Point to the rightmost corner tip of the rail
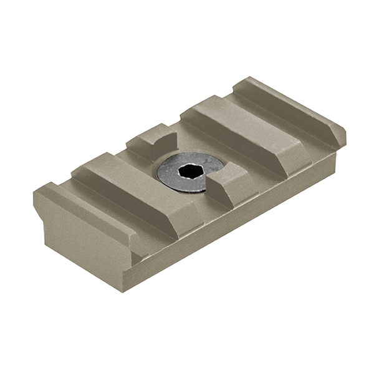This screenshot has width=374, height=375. (345, 133)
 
